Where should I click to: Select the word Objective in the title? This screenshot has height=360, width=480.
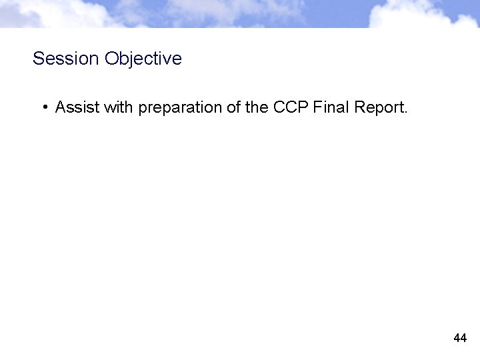[x=143, y=59]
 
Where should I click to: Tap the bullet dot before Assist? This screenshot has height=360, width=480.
[x=43, y=107]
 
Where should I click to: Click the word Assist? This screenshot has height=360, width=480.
[x=77, y=107]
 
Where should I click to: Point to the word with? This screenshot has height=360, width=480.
[x=119, y=107]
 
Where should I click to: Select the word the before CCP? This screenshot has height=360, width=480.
[x=257, y=107]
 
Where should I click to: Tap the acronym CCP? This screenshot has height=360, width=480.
[x=289, y=107]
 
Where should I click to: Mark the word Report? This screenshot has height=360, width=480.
[x=377, y=108]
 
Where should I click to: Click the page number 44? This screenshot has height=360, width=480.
[x=460, y=338]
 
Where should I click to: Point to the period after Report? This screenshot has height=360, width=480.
[x=405, y=112]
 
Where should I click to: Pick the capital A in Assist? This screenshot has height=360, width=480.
[x=60, y=107]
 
